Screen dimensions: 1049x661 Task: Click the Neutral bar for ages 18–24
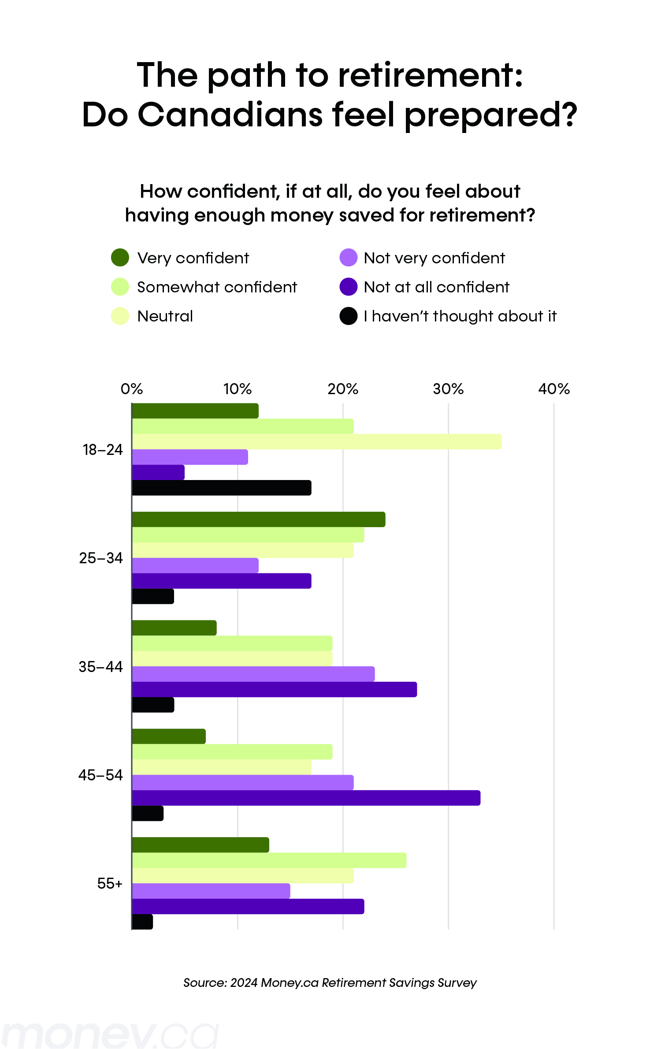pyautogui.click(x=316, y=442)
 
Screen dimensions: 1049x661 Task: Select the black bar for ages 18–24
pyautogui.click(x=222, y=488)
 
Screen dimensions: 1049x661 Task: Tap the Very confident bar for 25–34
pyautogui.click(x=259, y=520)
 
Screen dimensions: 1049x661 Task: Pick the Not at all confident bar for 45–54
pyautogui.click(x=306, y=798)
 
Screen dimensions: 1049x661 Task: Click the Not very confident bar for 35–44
pyautogui.click(x=253, y=674)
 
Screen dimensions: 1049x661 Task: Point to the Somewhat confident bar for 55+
pyautogui.click(x=269, y=860)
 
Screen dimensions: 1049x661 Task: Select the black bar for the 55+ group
pyautogui.click(x=142, y=922)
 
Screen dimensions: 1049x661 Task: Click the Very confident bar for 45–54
pyautogui.click(x=169, y=736)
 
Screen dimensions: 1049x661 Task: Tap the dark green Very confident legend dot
pyautogui.click(x=120, y=258)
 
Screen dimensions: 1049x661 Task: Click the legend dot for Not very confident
pyautogui.click(x=348, y=258)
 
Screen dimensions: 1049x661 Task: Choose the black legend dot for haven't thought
pyautogui.click(x=348, y=316)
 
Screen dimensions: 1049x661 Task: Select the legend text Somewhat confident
pyautogui.click(x=217, y=287)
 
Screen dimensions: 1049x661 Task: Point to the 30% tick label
pyautogui.click(x=448, y=389)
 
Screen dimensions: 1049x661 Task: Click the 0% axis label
pyautogui.click(x=132, y=389)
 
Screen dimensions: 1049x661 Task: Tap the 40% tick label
pyautogui.click(x=554, y=389)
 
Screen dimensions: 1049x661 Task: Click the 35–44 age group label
pyautogui.click(x=100, y=667)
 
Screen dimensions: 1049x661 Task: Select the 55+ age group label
pyautogui.click(x=110, y=883)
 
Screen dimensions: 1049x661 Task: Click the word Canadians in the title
pyautogui.click(x=230, y=115)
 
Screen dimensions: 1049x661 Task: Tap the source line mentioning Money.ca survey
pyautogui.click(x=330, y=983)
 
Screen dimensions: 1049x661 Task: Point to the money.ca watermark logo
pyautogui.click(x=110, y=1035)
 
